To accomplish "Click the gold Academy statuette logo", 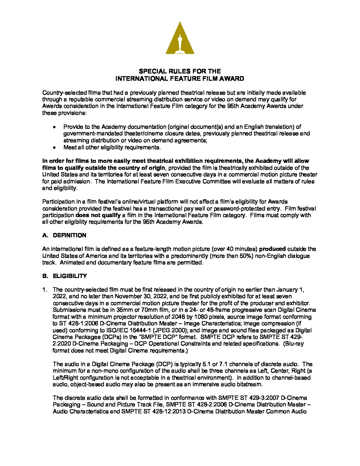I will [x=180, y=38].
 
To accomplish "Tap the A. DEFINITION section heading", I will [x=64, y=235].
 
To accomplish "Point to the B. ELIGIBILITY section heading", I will [x=65, y=276].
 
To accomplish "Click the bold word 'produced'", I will [x=272, y=249].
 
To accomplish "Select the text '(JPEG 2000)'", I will [x=210, y=330].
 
